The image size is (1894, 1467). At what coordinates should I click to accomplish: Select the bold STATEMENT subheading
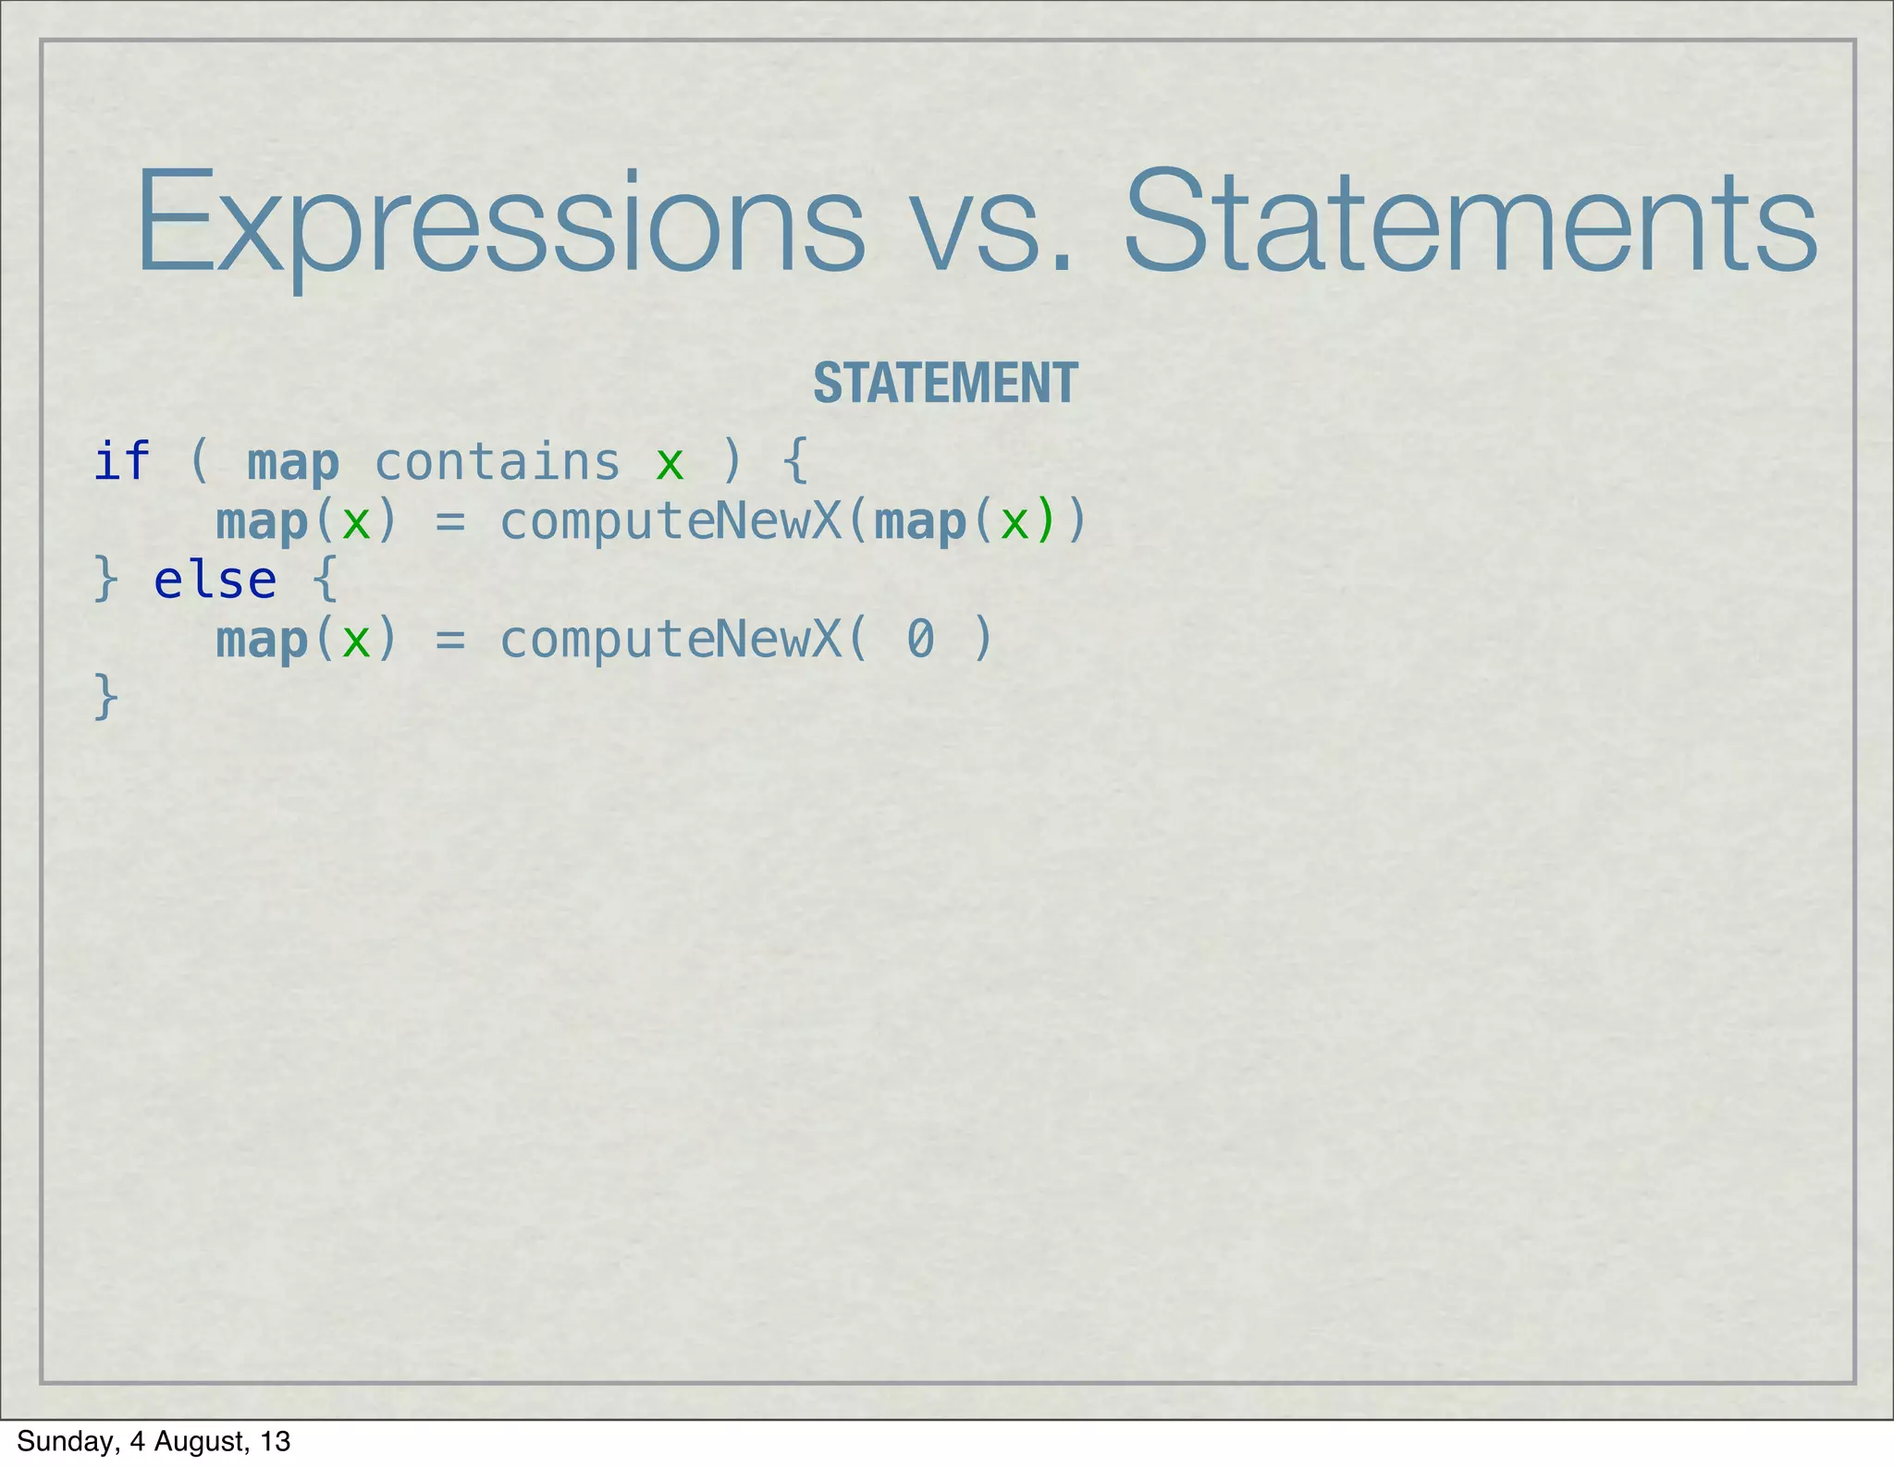click(x=945, y=383)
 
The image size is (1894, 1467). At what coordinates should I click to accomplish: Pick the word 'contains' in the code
click(x=497, y=462)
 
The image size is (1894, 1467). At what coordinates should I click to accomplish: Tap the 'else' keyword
click(x=215, y=581)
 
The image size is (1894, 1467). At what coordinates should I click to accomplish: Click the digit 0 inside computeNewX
click(x=920, y=640)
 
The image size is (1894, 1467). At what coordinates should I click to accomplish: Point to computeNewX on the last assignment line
click(x=670, y=640)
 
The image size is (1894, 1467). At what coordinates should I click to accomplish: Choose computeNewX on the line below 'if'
click(x=670, y=522)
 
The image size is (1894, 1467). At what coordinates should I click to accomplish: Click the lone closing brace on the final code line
click(x=106, y=697)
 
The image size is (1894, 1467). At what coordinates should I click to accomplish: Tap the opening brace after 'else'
click(x=325, y=581)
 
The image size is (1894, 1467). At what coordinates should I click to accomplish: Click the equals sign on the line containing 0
click(x=449, y=641)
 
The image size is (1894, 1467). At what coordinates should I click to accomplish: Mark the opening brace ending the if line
click(x=795, y=461)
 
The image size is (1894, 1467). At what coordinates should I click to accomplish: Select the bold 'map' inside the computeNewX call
click(x=920, y=523)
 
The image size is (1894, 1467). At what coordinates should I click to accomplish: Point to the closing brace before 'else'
click(x=106, y=581)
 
